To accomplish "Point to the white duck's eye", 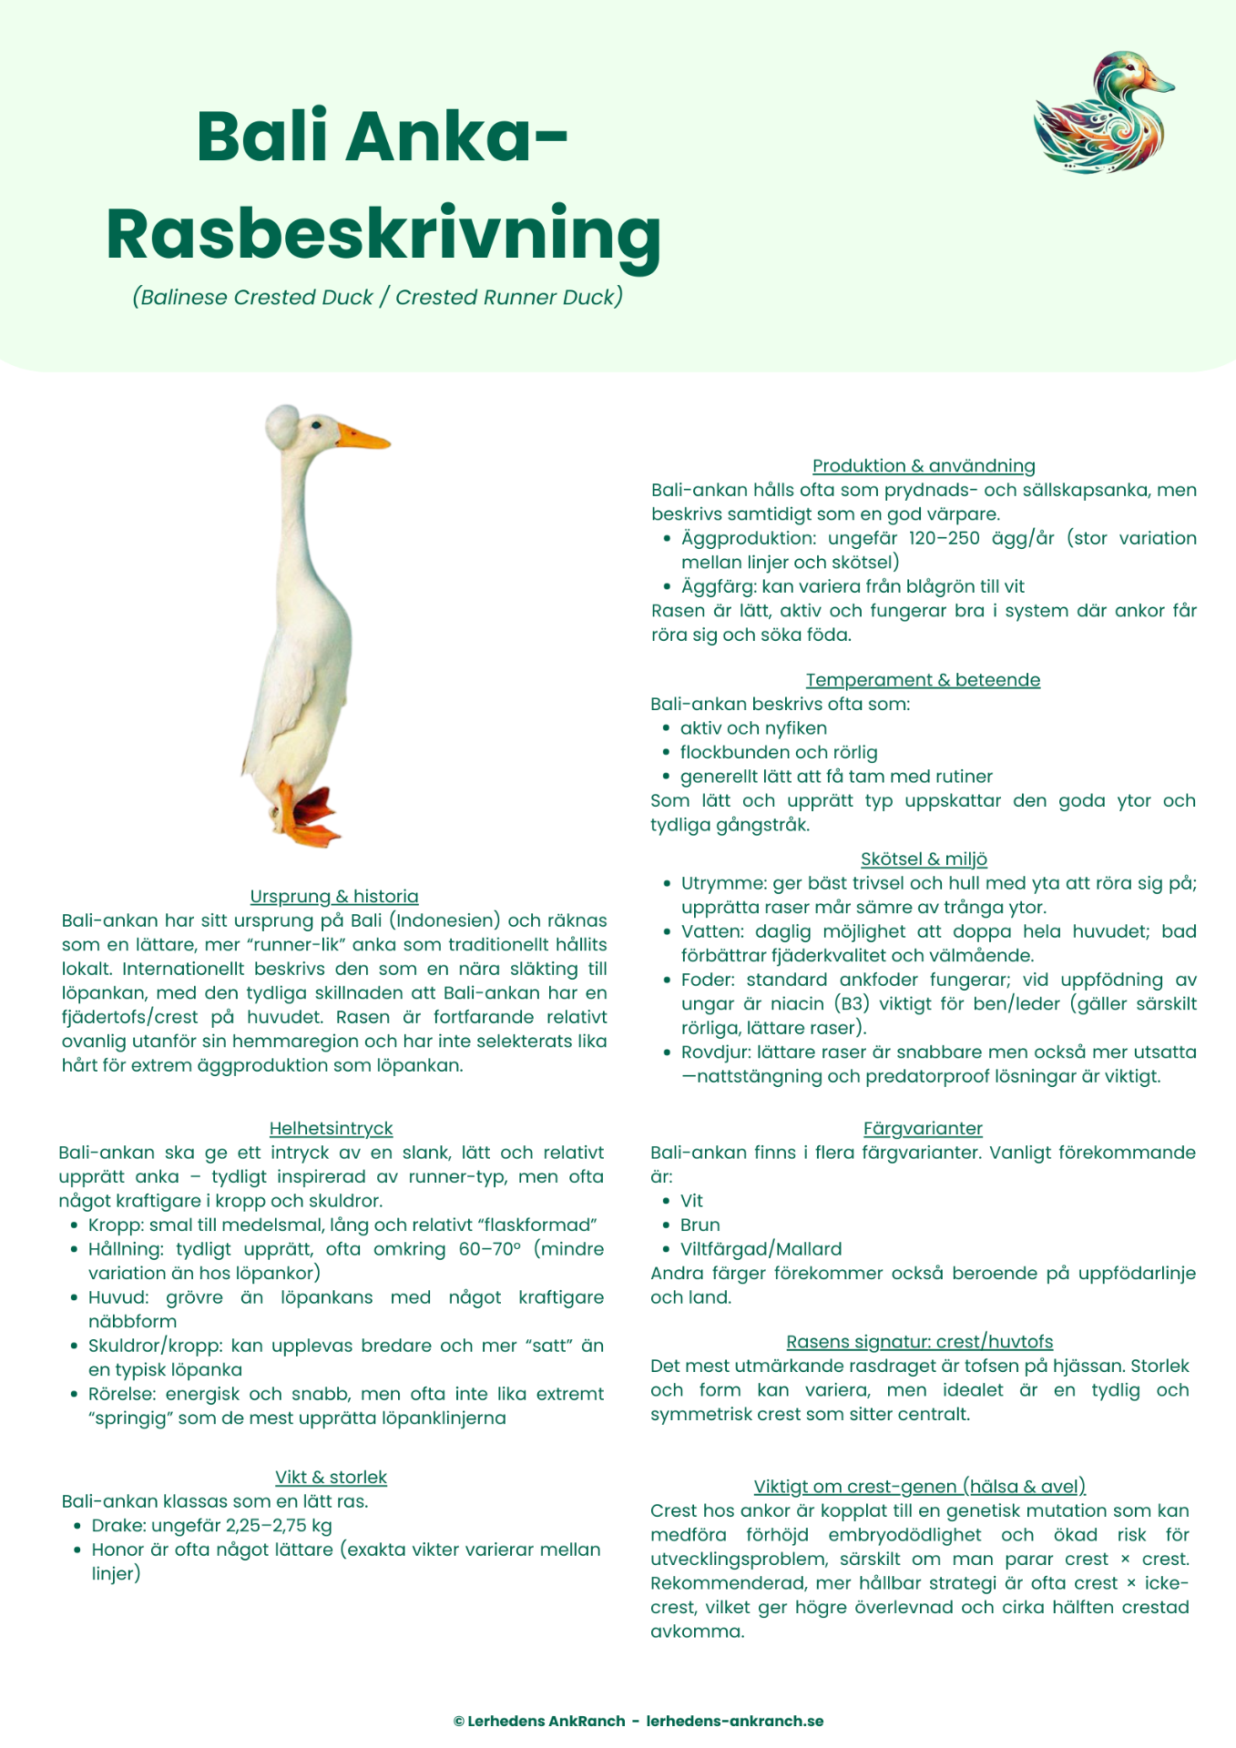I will click(x=317, y=424).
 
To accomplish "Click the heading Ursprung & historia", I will click(x=334, y=896).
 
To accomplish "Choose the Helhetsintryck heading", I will click(x=331, y=1128).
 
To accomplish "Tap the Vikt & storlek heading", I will click(x=331, y=1477).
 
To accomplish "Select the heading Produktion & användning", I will click(x=924, y=465).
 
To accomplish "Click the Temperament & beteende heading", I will click(x=923, y=679).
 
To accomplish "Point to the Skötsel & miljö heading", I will click(x=924, y=859).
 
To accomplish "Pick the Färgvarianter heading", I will click(x=923, y=1128).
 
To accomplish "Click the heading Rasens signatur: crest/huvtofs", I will click(x=919, y=1341).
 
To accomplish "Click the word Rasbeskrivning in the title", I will click(x=383, y=234).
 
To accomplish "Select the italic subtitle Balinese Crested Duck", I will click(x=253, y=297).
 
